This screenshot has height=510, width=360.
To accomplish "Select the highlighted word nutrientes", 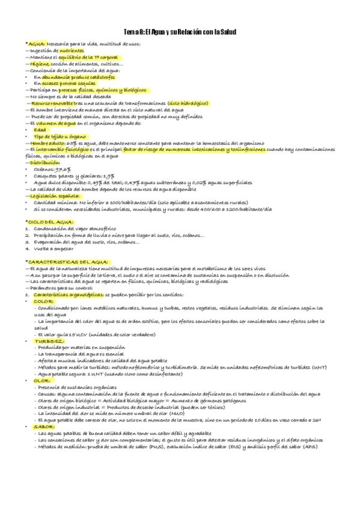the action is coord(72,51).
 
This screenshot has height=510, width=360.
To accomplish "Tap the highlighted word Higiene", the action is coord(38,64).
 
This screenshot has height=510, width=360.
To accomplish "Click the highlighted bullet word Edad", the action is coord(40,129).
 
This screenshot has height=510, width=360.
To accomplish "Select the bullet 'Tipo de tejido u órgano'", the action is coord(59,136).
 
